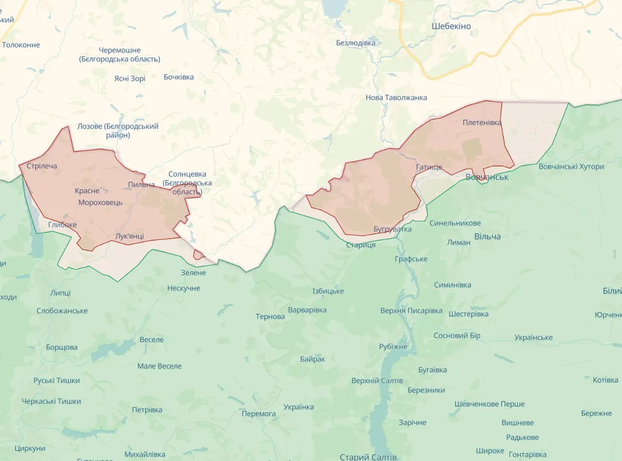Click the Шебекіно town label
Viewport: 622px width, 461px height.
click(451, 26)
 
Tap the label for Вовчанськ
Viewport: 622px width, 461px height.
click(486, 177)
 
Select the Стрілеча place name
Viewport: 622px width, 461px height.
click(42, 166)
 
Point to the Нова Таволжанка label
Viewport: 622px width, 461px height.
click(396, 98)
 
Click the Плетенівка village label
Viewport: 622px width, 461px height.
click(482, 123)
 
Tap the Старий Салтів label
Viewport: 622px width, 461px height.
click(368, 456)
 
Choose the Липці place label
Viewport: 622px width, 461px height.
click(60, 293)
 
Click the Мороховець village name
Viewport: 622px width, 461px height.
click(100, 203)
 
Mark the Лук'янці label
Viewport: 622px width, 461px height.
click(129, 236)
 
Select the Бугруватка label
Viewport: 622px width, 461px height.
click(392, 229)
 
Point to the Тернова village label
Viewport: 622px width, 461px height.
click(270, 317)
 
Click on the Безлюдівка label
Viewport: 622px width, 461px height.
click(356, 43)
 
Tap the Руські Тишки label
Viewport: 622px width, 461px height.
click(56, 381)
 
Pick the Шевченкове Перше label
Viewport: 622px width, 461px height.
click(489, 404)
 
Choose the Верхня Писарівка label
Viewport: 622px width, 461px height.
click(411, 311)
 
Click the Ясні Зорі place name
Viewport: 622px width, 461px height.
click(130, 78)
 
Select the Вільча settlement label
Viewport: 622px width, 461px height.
click(487, 236)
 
